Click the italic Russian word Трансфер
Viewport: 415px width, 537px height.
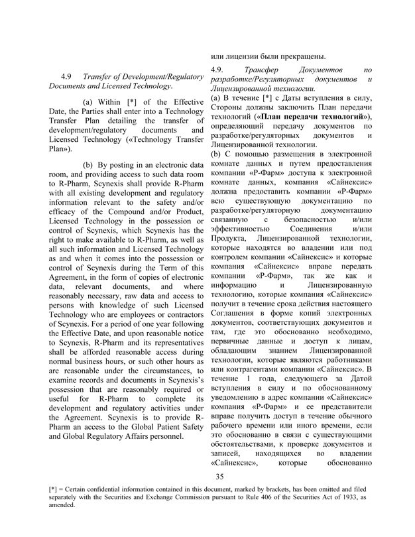tap(264, 68)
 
